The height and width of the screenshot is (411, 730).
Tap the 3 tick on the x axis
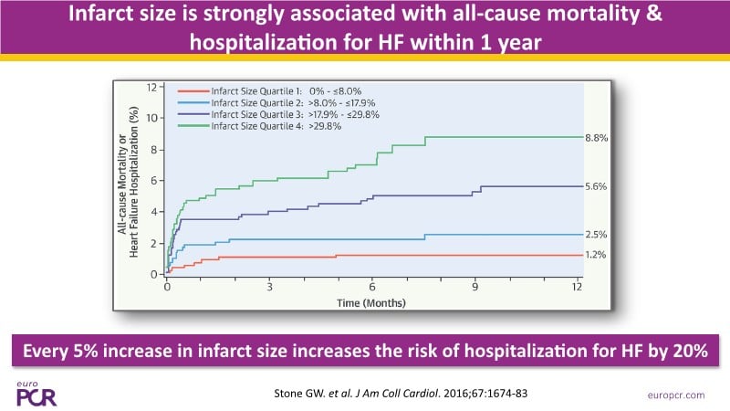coord(270,287)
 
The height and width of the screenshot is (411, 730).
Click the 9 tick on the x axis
coord(474,287)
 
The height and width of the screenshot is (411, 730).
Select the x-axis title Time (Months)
coord(371,300)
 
